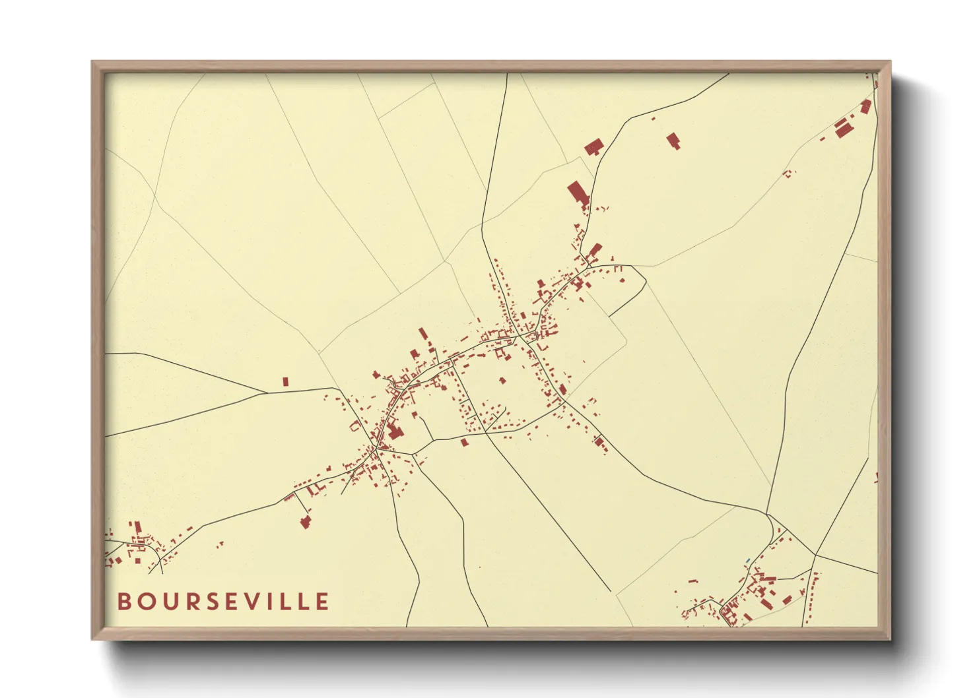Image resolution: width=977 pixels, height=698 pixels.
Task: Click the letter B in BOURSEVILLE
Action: pos(124,602)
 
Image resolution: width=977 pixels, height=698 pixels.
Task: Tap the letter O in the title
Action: pos(145,602)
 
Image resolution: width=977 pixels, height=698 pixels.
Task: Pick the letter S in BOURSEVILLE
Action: pos(209,602)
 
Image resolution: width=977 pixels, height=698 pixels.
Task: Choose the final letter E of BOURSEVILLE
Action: pos(322,602)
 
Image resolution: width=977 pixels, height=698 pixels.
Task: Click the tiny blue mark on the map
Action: pos(747,561)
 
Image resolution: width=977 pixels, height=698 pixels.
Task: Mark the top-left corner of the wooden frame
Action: pos(92,62)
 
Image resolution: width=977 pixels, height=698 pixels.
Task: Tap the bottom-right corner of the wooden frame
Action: pos(890,639)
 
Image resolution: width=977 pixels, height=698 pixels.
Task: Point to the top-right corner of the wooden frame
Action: pos(890,62)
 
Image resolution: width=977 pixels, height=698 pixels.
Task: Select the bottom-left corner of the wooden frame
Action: pos(92,639)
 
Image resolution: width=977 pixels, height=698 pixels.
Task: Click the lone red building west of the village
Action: pos(286,381)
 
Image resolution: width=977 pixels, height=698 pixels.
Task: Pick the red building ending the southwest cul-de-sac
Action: pos(305,523)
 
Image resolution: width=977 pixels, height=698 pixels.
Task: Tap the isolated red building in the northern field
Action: pos(673,141)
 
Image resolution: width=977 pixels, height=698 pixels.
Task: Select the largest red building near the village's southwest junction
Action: pos(395,432)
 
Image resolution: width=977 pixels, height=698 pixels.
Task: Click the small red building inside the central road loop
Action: pos(502,380)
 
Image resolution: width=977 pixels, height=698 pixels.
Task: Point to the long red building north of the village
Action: pos(578,193)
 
